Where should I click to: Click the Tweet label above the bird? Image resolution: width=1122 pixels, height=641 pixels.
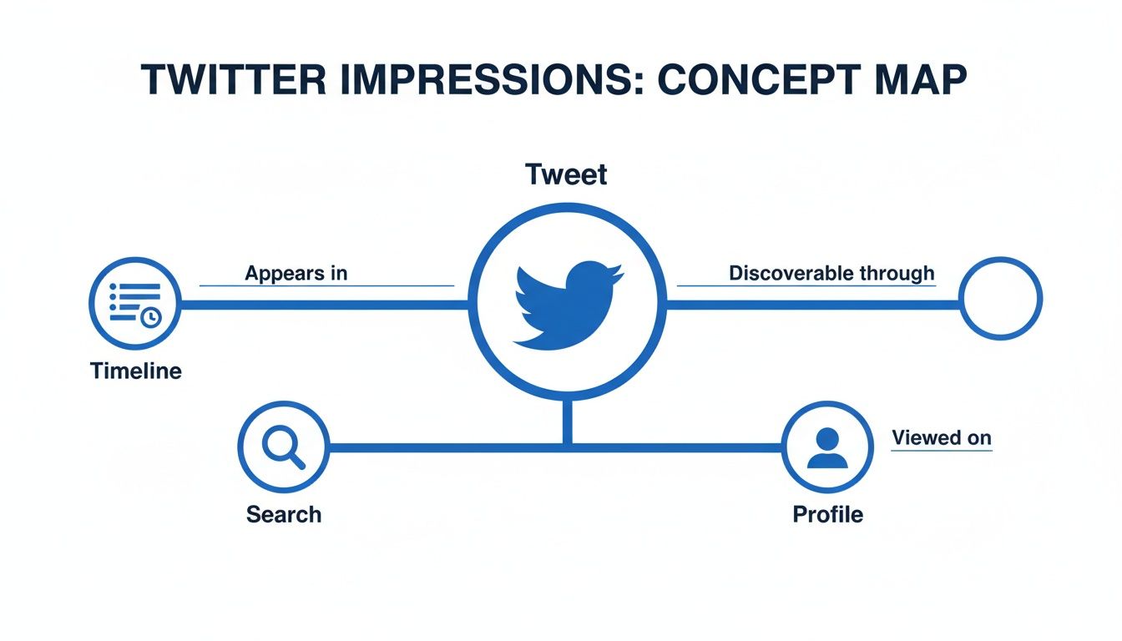(x=566, y=175)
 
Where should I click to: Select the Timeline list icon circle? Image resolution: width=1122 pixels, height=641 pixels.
(x=134, y=302)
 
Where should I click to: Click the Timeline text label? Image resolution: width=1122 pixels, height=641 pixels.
(x=135, y=371)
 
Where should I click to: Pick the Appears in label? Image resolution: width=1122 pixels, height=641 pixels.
(x=296, y=273)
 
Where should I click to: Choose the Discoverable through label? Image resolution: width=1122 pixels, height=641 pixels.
(x=831, y=273)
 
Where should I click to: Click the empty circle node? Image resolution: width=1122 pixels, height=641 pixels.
(x=1000, y=298)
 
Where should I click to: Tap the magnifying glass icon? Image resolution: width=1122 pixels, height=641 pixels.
(x=284, y=448)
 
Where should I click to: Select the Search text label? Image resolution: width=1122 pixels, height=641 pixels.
(x=284, y=514)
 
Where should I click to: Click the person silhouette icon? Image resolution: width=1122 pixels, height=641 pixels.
(x=827, y=448)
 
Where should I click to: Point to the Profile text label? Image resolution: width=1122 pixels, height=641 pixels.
(x=827, y=514)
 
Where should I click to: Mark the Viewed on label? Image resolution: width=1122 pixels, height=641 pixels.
(x=942, y=437)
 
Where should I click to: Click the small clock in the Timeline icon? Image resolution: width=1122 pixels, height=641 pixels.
(x=151, y=318)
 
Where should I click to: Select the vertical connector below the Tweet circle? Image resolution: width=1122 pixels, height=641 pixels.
(x=567, y=421)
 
